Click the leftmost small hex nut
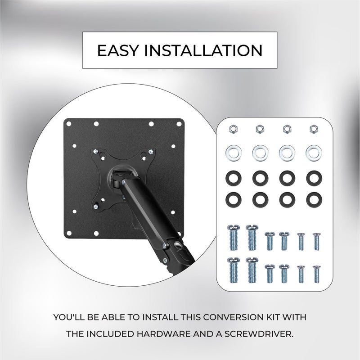[x=232, y=129]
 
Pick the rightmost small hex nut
[x=313, y=129]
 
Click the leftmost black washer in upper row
[x=232, y=177]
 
